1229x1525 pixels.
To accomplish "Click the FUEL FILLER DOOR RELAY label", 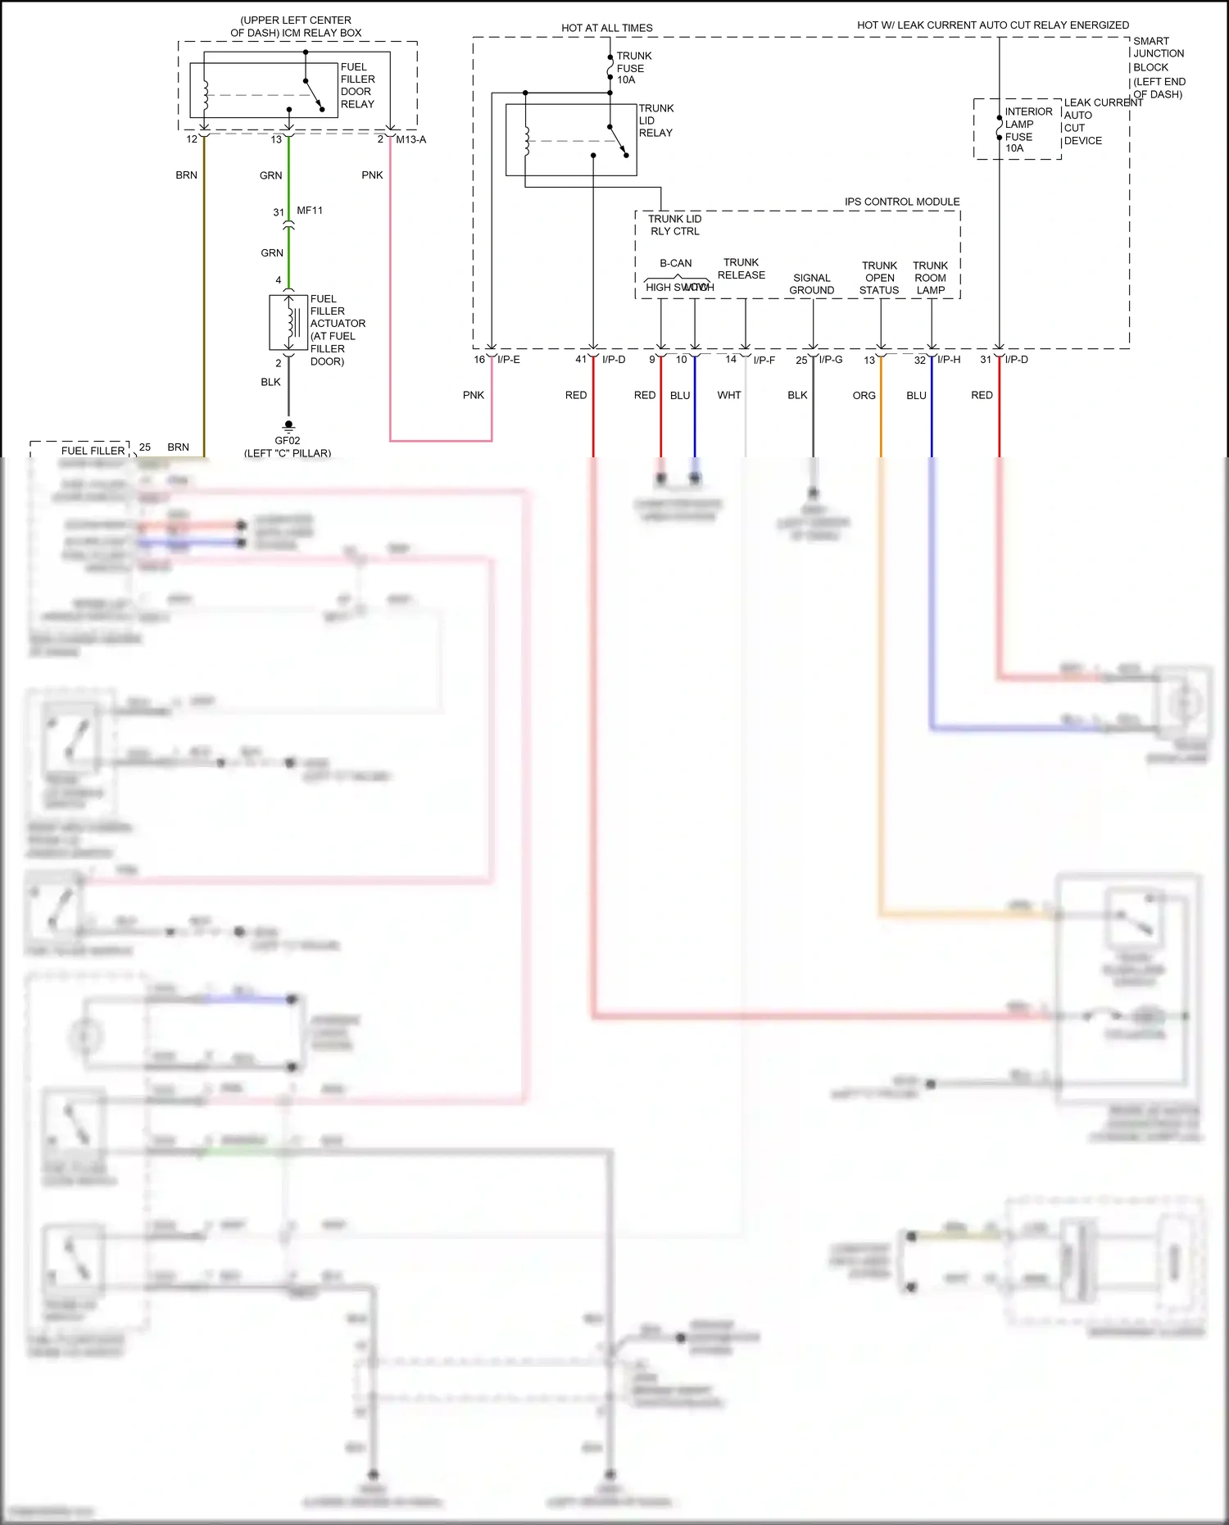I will click(357, 85).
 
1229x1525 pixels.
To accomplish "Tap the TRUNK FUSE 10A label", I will click(633, 68).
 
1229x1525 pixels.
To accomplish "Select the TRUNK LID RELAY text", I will click(655, 120).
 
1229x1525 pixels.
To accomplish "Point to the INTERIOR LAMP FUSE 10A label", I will click(1027, 129).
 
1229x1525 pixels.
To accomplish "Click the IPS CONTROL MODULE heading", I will click(901, 202).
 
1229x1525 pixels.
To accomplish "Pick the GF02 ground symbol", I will click(288, 425).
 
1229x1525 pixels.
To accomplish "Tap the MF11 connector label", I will click(310, 211).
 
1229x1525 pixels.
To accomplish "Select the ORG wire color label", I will click(864, 395).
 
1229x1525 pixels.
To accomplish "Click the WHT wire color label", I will click(728, 395).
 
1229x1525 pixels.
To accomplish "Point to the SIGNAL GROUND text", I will click(811, 284).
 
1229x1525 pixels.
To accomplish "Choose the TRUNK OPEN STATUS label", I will click(879, 278).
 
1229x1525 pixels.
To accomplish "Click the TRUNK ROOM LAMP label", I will click(930, 278).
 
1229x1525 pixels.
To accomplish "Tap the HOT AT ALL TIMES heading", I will click(606, 28).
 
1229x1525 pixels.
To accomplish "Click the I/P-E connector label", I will click(508, 360).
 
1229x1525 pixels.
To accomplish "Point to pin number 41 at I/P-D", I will click(581, 360).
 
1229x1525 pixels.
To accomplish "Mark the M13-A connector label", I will click(410, 139).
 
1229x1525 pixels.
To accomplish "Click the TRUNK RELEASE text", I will click(741, 269).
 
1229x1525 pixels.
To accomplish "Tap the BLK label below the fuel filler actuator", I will click(270, 382).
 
